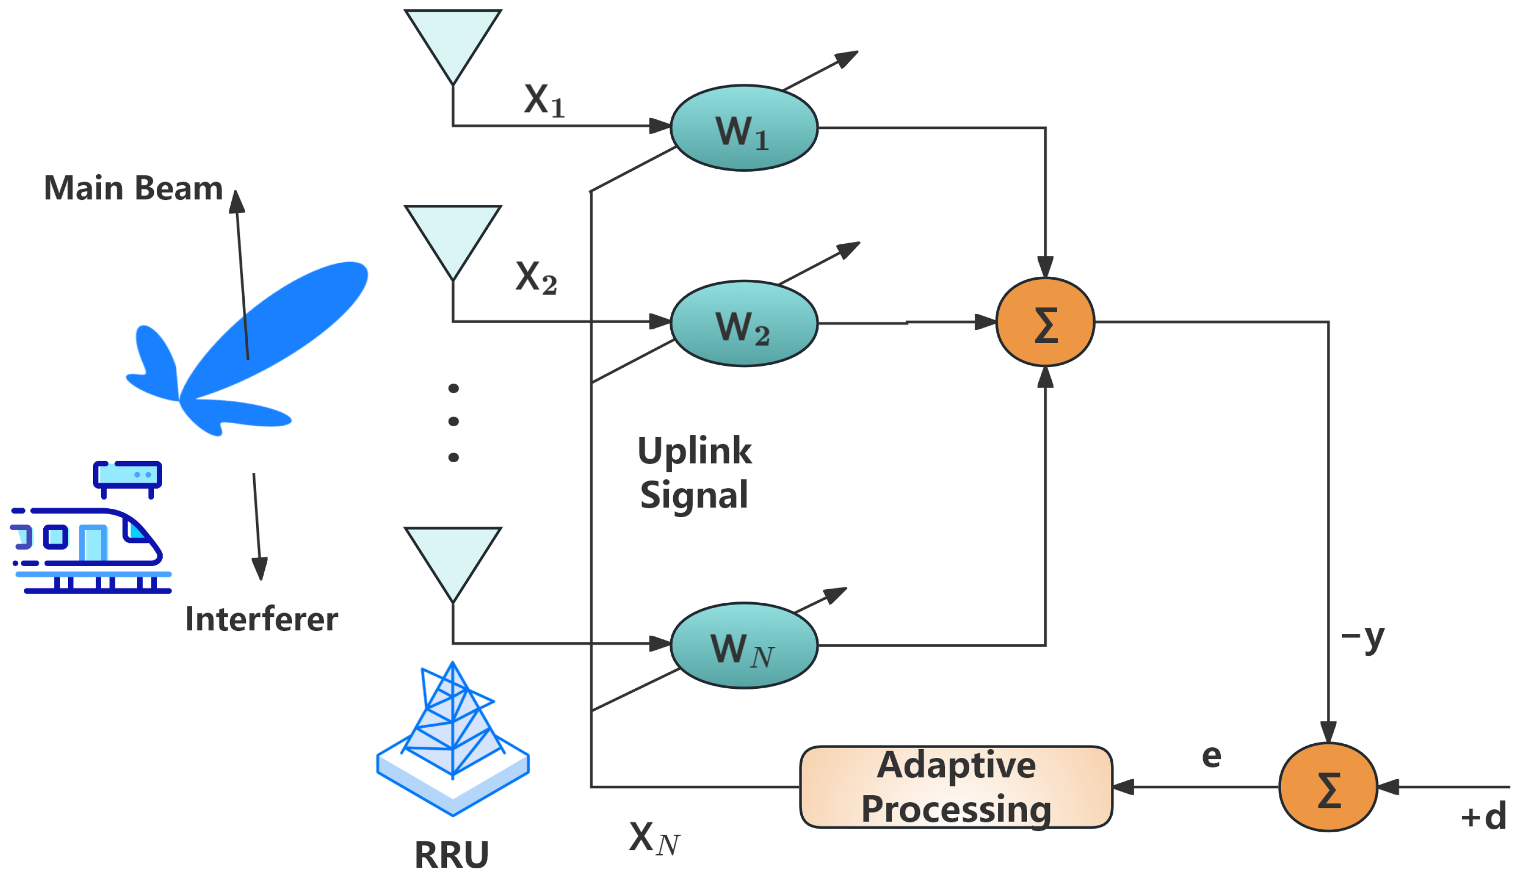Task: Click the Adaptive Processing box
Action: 955,787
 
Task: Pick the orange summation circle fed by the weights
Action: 1045,322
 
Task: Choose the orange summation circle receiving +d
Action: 1328,787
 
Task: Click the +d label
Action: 1483,817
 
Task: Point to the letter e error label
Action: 1211,756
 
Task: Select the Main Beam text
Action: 133,188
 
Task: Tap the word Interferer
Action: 261,619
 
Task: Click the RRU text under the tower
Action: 451,855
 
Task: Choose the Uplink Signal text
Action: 694,473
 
